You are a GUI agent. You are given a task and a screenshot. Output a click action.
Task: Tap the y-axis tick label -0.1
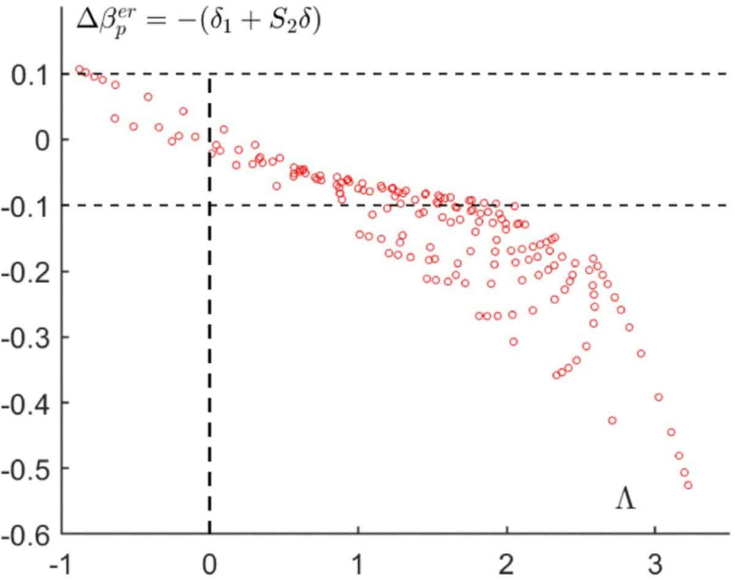point(26,206)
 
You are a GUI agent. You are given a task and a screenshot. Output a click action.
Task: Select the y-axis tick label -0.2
point(26,272)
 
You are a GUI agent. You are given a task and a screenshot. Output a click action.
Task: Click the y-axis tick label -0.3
point(26,338)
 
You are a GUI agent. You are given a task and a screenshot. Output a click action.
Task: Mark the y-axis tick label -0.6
point(26,534)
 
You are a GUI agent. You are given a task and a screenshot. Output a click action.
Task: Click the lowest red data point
point(688,485)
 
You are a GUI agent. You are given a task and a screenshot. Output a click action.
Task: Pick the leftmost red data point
point(79,70)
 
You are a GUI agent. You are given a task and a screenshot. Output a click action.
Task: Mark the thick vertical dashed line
point(210,309)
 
